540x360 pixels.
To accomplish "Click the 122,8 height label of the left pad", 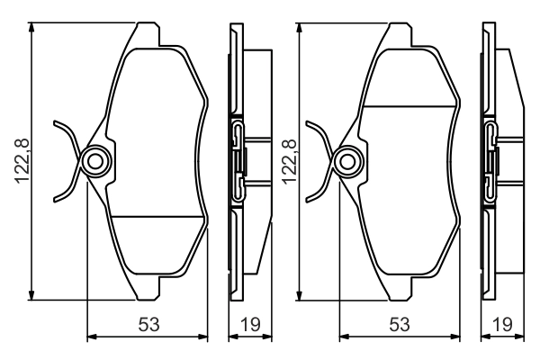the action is pyautogui.click(x=22, y=161).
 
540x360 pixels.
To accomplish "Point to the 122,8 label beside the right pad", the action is pyautogui.click(x=290, y=161).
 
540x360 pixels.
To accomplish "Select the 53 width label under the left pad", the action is pyautogui.click(x=148, y=324).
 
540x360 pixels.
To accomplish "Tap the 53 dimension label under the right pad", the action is pyautogui.click(x=400, y=324).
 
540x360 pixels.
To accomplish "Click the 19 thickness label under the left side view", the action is pyautogui.click(x=250, y=324).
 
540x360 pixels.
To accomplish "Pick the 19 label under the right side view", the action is pyautogui.click(x=502, y=324).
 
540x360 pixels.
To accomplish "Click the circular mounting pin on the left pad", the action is pyautogui.click(x=95, y=161).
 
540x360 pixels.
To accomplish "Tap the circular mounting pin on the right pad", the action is pyautogui.click(x=347, y=161).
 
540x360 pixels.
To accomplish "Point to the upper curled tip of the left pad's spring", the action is pyautogui.click(x=55, y=122).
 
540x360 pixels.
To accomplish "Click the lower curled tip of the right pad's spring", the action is pyautogui.click(x=308, y=199).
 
